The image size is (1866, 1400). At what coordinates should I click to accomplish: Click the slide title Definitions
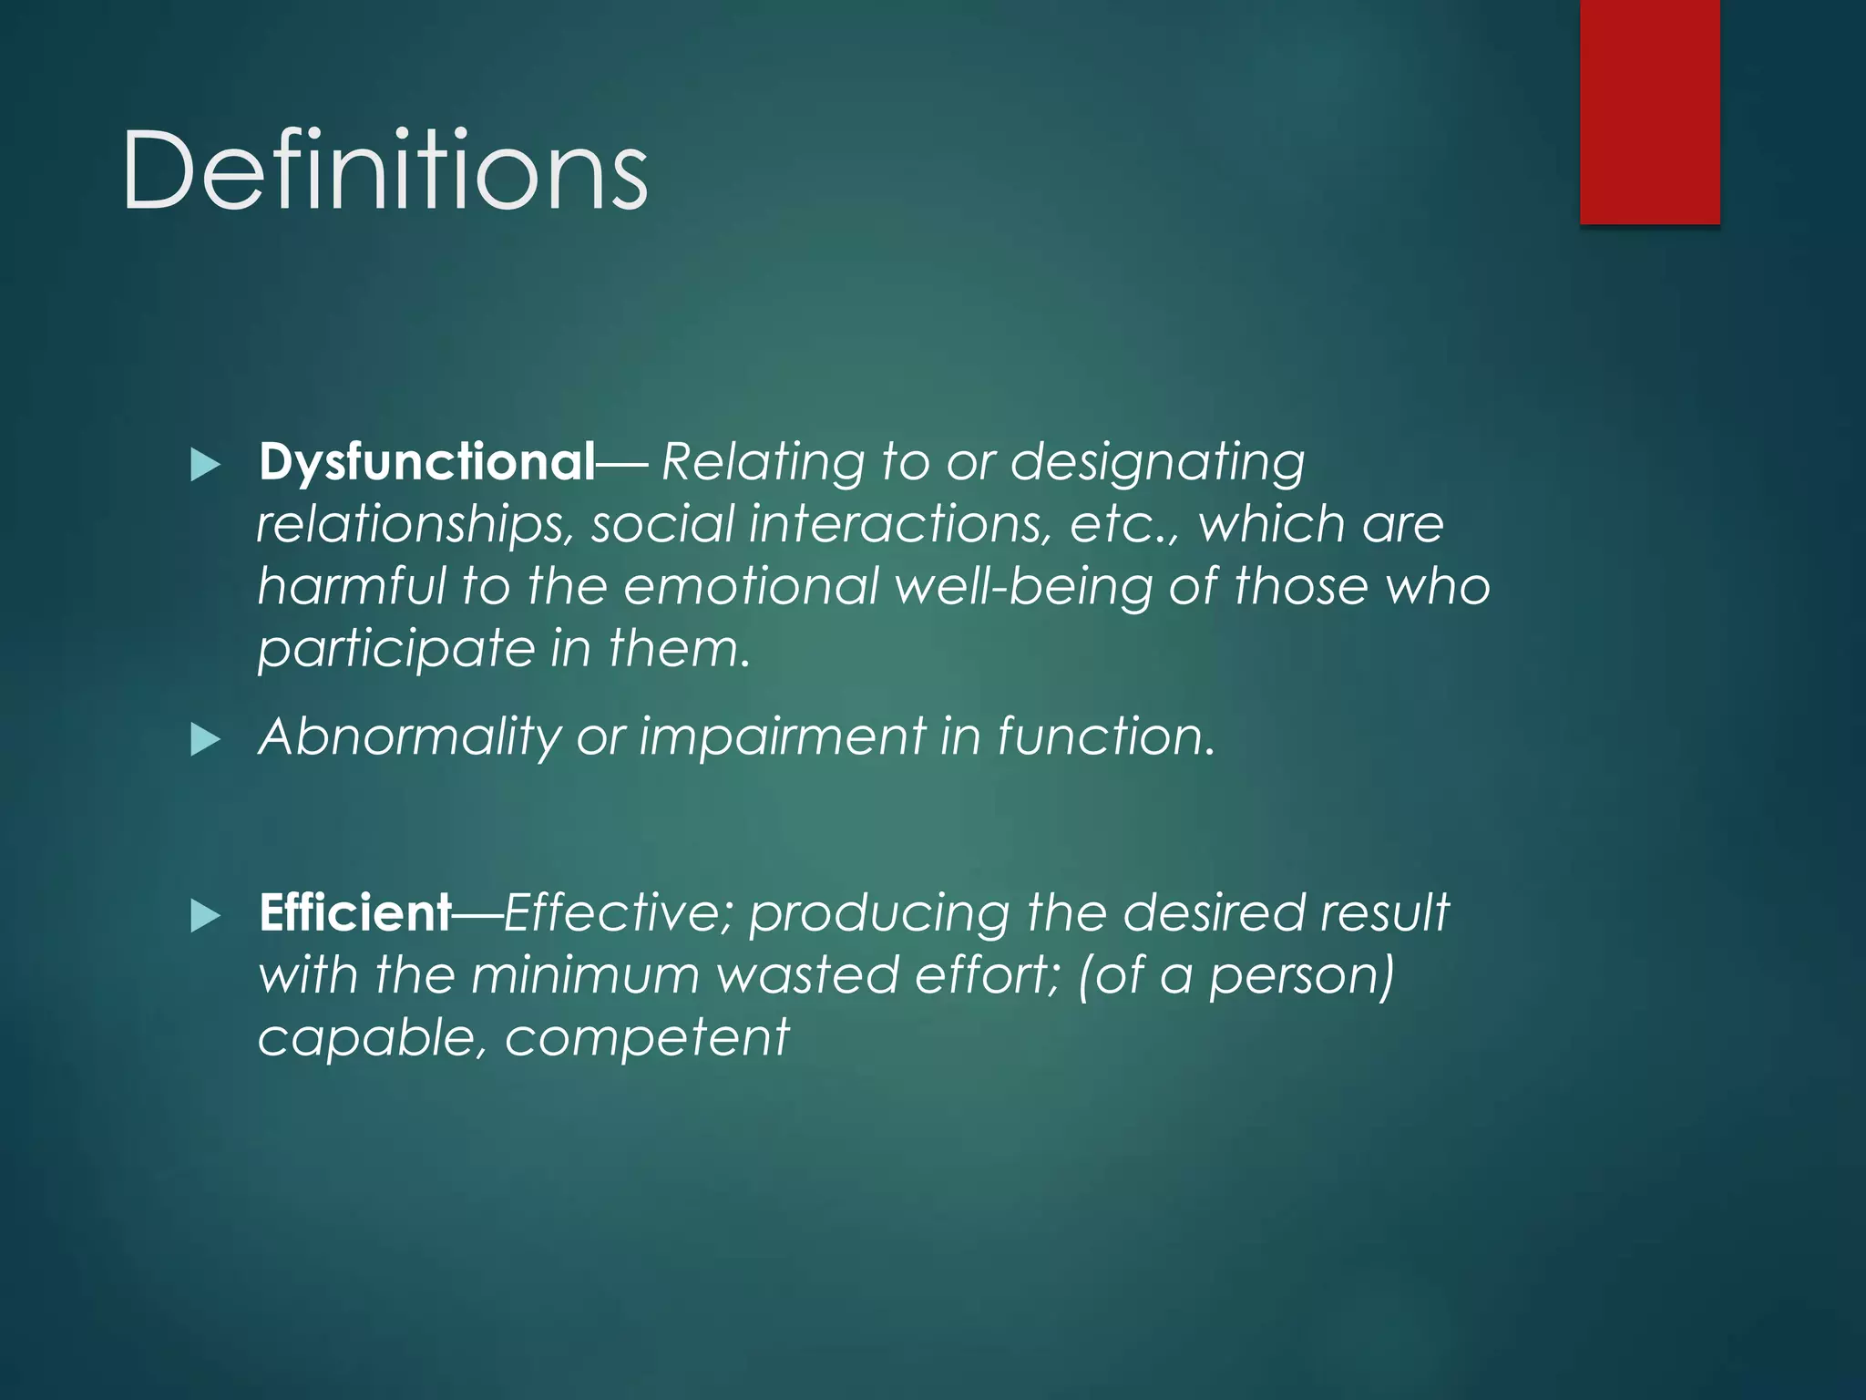[x=384, y=170]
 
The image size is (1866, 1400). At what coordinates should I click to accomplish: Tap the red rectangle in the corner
[x=1649, y=111]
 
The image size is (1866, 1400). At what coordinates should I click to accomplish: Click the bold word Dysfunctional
[x=426, y=462]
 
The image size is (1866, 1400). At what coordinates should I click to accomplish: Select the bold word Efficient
[x=355, y=912]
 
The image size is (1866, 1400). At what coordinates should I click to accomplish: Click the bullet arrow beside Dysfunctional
[x=206, y=465]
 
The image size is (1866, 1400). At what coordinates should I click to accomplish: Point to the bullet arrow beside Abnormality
[x=206, y=739]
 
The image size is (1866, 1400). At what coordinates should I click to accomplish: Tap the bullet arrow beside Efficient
[x=206, y=915]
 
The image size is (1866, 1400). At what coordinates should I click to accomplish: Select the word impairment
[x=782, y=736]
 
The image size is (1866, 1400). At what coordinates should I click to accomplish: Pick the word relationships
[x=415, y=526]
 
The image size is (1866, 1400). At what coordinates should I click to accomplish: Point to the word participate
[x=396, y=650]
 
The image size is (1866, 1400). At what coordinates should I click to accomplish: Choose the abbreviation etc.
[x=1117, y=526]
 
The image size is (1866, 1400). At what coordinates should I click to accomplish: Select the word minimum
[x=585, y=975]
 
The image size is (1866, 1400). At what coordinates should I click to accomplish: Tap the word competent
[x=647, y=1038]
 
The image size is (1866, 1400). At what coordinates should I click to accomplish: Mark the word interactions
[x=900, y=526]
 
